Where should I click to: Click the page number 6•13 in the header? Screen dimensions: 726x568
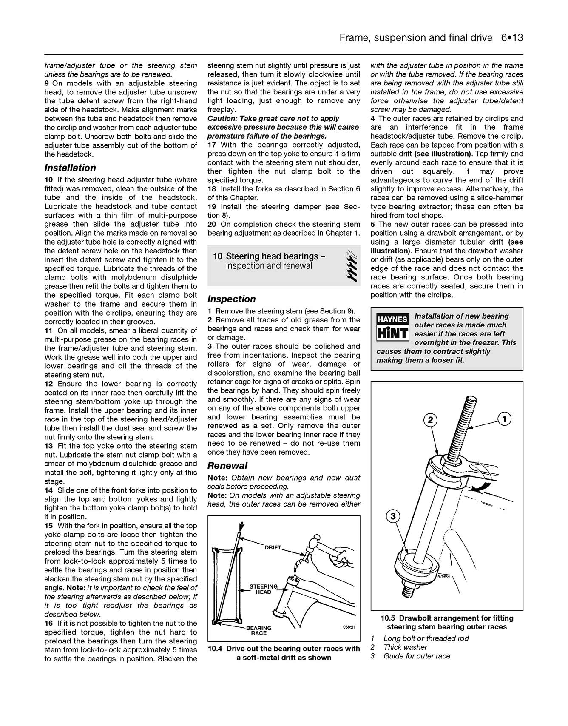(511, 38)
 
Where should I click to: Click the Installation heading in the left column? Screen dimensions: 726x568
(70, 168)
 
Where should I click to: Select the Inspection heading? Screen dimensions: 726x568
(231, 299)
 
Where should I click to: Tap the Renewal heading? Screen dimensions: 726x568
(227, 465)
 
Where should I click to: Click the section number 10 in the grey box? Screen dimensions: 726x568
(217, 256)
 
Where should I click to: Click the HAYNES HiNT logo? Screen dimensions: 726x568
(392, 327)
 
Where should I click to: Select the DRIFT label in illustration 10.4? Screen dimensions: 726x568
(273, 547)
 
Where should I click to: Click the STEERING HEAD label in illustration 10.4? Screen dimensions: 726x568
(263, 589)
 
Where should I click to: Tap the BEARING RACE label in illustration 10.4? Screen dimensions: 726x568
(258, 630)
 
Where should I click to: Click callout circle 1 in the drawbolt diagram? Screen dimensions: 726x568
(504, 419)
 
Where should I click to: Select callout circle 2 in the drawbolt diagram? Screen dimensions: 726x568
(430, 420)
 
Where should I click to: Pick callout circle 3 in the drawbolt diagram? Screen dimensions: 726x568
(393, 516)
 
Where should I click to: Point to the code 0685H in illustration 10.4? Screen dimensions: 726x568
(349, 627)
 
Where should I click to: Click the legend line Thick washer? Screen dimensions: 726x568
(405, 647)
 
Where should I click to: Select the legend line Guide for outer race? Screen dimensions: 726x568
(416, 656)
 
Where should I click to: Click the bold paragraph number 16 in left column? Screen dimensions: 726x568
(48, 623)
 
